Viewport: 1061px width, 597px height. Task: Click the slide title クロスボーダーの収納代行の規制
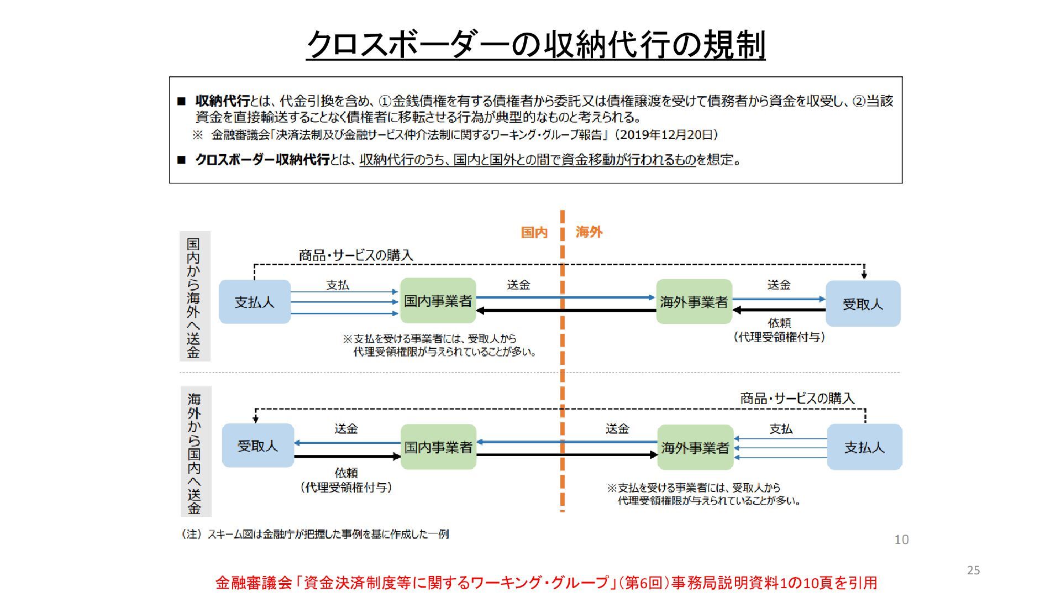point(535,45)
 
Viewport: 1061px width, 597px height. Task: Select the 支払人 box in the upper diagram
point(255,302)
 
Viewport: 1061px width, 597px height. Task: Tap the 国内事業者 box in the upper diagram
point(438,301)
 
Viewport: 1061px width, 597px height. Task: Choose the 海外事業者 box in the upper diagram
point(694,302)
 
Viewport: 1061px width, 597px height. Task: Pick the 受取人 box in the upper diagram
point(863,303)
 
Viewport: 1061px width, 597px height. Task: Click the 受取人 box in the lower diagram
point(258,446)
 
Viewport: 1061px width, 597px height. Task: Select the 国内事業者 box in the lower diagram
point(438,447)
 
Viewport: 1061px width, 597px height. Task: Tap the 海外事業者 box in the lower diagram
point(695,447)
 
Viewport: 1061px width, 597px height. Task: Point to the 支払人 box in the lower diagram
point(864,447)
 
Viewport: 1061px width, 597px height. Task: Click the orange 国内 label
point(534,232)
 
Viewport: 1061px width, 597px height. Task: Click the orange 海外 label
point(589,232)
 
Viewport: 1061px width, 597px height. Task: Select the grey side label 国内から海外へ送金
point(194,297)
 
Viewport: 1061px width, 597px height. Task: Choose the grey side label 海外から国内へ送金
point(195,452)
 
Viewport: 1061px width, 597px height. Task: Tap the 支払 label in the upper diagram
point(338,285)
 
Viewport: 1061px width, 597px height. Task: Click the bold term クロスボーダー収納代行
point(262,160)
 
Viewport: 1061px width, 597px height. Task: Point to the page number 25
point(973,570)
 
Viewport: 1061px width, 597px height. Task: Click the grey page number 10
point(901,540)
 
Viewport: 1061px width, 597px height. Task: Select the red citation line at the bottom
point(546,583)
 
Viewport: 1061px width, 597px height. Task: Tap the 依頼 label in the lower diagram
point(346,473)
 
